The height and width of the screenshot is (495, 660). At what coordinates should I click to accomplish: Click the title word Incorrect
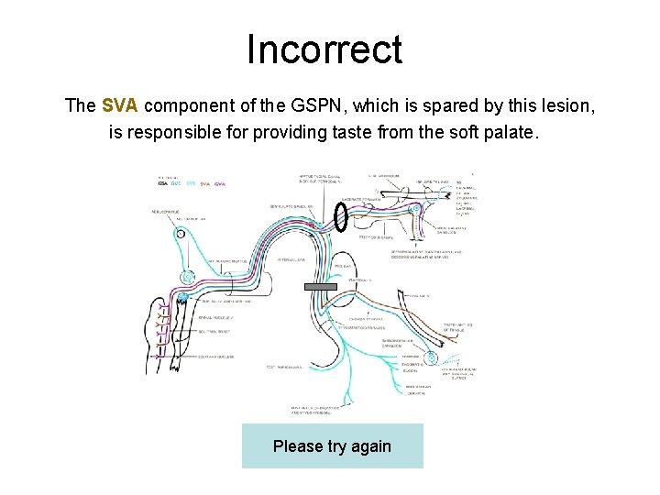[x=324, y=49]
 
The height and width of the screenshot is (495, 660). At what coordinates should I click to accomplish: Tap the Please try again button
[x=332, y=446]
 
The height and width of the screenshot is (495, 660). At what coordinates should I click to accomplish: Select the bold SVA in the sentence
[x=121, y=105]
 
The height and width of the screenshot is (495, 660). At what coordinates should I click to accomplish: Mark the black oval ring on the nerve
[x=340, y=216]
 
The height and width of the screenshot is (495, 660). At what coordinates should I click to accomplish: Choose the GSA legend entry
[x=163, y=183]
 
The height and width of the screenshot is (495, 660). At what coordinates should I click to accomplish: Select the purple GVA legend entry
[x=220, y=183]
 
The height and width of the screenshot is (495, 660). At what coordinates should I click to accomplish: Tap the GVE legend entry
[x=177, y=183]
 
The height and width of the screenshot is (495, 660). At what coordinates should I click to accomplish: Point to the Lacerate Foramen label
[x=354, y=199]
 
